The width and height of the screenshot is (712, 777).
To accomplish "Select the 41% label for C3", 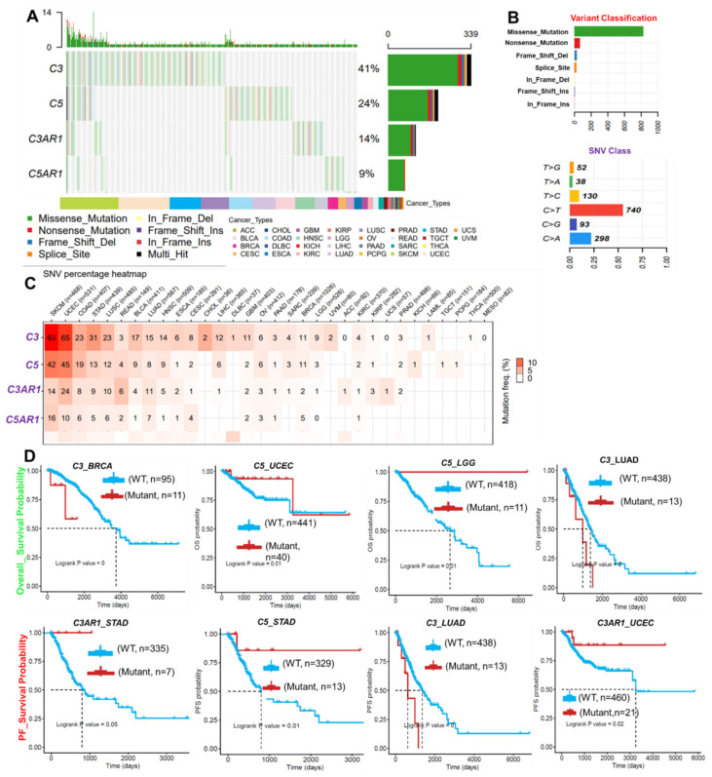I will (x=367, y=69).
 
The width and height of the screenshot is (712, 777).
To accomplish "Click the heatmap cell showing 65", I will (x=66, y=337).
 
